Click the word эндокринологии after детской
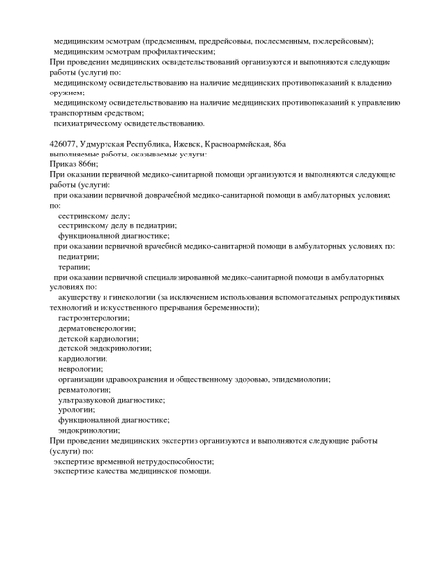point(121,348)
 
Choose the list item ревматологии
point(84,389)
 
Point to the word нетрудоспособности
point(168,461)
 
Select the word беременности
point(226,307)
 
